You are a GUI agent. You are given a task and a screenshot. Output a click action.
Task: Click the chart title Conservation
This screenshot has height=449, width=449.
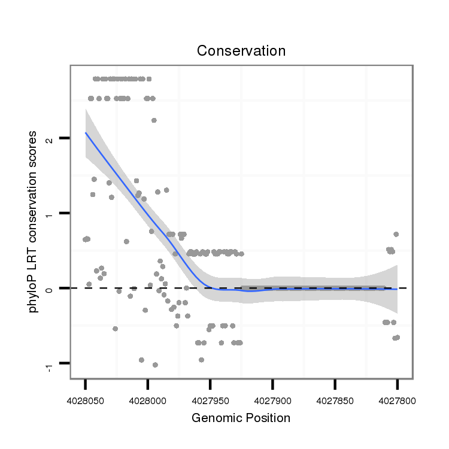(241, 51)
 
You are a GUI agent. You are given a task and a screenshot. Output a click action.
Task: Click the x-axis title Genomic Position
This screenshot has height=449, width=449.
(241, 418)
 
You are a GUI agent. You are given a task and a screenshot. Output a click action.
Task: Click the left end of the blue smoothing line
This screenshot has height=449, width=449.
(86, 133)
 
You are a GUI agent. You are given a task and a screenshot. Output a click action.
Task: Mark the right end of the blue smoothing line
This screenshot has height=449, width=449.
(397, 289)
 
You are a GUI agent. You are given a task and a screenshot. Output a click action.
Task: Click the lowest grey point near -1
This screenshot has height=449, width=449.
(155, 365)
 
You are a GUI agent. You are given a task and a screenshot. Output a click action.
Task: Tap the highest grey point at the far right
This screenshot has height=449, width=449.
(396, 234)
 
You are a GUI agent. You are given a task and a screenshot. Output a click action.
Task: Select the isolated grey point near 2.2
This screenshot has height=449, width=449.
(154, 120)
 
